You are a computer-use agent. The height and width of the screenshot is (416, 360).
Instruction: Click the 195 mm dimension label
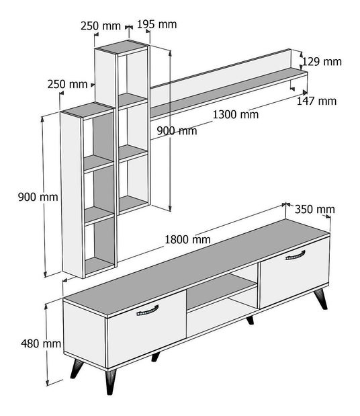coord(156,24)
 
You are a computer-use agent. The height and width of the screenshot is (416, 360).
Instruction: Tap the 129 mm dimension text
coord(322,62)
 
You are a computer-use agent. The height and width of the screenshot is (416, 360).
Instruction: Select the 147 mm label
coord(316,101)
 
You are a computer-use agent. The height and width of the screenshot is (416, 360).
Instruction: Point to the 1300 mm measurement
coord(236,115)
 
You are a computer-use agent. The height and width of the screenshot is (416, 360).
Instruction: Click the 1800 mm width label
coord(187,239)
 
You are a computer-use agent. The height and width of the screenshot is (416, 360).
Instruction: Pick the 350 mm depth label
coord(315,209)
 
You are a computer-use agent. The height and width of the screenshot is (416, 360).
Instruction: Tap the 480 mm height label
coord(41,343)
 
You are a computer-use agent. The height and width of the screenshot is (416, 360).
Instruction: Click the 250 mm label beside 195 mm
coord(101,26)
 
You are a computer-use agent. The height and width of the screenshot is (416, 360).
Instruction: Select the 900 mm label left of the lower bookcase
coord(38,197)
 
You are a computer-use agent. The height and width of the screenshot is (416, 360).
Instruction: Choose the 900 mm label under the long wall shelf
coord(177,131)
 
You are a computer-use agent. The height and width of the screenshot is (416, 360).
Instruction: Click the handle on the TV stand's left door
coord(147,311)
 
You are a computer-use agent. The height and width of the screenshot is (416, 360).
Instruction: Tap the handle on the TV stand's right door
coord(295,255)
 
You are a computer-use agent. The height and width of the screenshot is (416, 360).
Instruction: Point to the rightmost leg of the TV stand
coord(321,299)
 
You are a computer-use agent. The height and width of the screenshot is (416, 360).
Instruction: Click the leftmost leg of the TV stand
coord(77,368)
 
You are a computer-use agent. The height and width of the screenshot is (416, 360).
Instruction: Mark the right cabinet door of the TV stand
coord(294,272)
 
